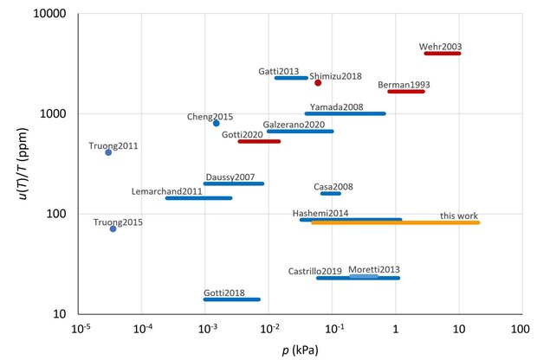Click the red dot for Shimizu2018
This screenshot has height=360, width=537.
[318, 83]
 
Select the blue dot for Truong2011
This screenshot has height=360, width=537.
[108, 152]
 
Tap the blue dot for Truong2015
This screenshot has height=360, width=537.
[113, 228]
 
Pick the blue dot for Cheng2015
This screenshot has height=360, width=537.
[217, 123]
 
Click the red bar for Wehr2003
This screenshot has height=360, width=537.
[442, 54]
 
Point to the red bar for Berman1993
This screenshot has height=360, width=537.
[405, 91]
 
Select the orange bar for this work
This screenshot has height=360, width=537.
[395, 223]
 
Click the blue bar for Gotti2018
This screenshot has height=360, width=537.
[231, 299]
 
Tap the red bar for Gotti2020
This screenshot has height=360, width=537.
[259, 141]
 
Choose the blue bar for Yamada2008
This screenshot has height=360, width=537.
[345, 113]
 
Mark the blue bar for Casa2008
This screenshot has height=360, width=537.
[331, 193]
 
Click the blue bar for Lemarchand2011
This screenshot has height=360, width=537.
[198, 198]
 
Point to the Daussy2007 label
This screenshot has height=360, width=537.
[230, 177]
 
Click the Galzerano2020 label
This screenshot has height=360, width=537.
[294, 125]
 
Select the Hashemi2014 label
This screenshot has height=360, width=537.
[320, 213]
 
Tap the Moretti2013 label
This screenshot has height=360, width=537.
[373, 270]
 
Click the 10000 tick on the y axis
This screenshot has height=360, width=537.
[56, 15]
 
